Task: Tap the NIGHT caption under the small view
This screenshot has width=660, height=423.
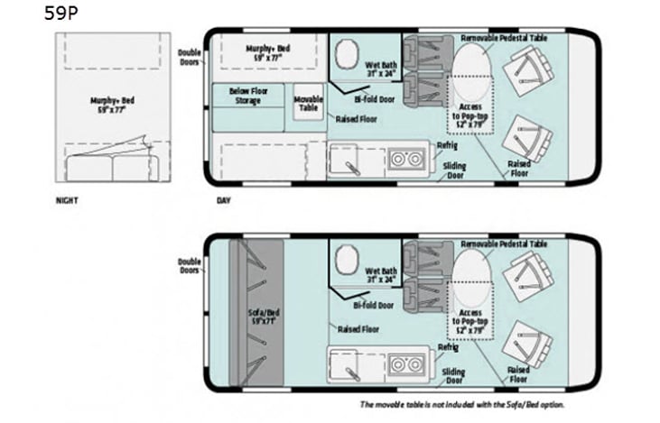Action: pos(67,200)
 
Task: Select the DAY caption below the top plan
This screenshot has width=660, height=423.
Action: pos(223,200)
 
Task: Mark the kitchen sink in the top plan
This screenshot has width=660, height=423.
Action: pos(346,160)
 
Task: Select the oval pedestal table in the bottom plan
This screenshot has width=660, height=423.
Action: pos(468,272)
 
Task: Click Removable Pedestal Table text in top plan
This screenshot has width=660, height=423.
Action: pos(504,38)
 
